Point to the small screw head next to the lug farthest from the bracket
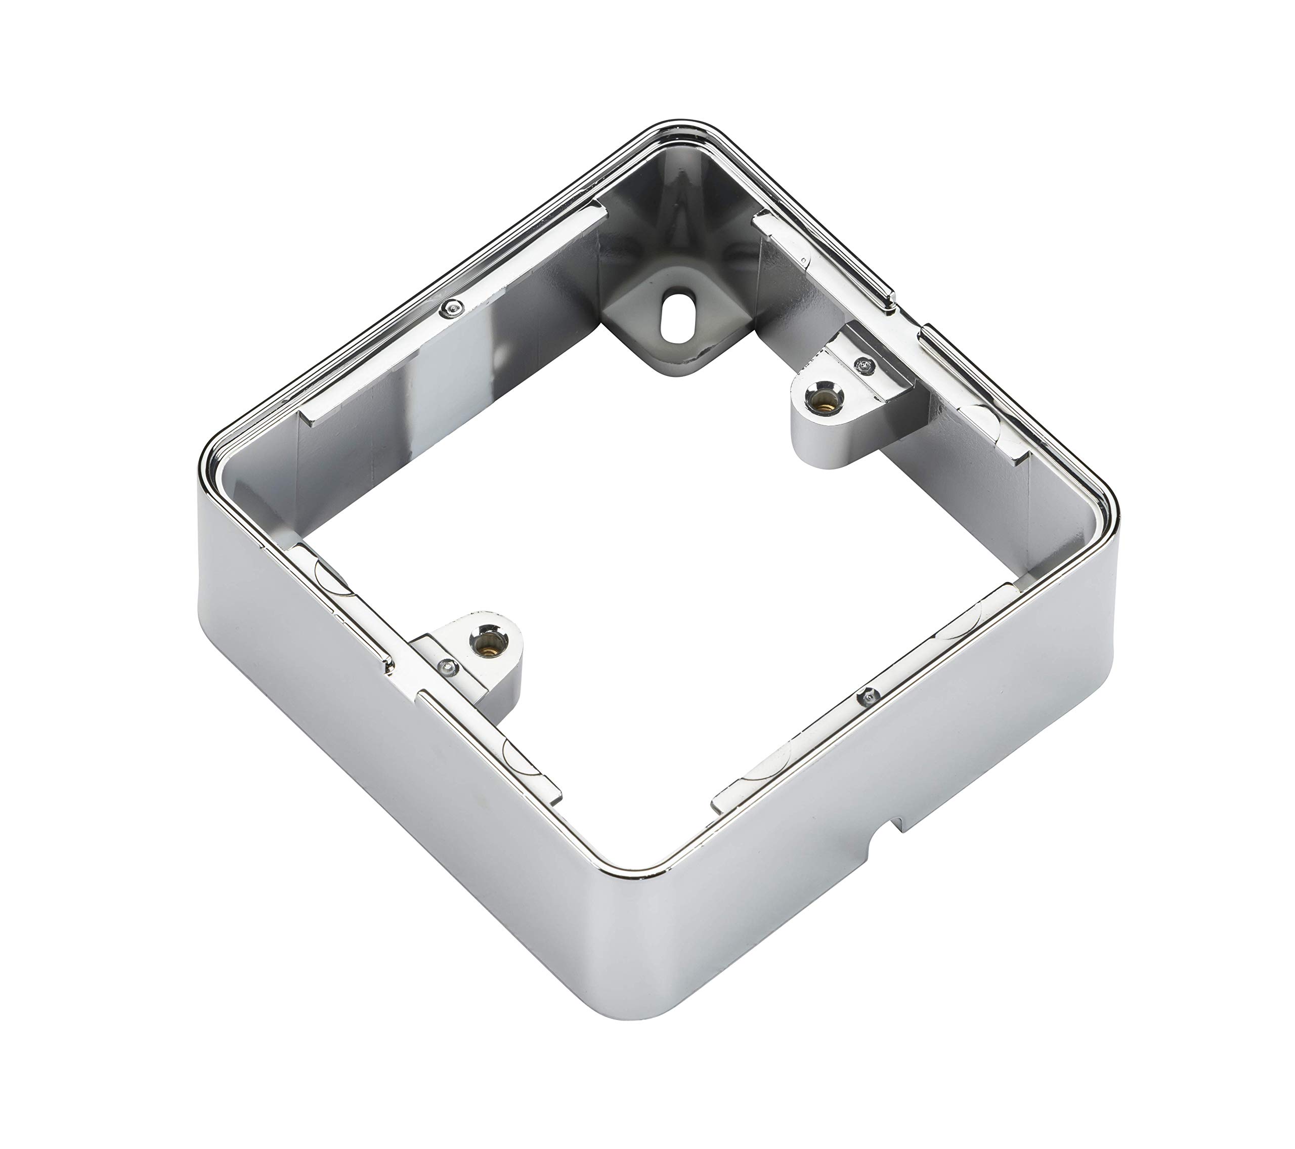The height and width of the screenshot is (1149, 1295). (447, 666)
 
